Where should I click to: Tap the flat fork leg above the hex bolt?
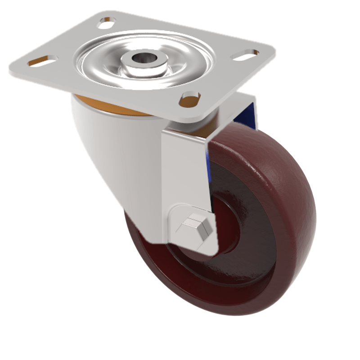tap(184, 171)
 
